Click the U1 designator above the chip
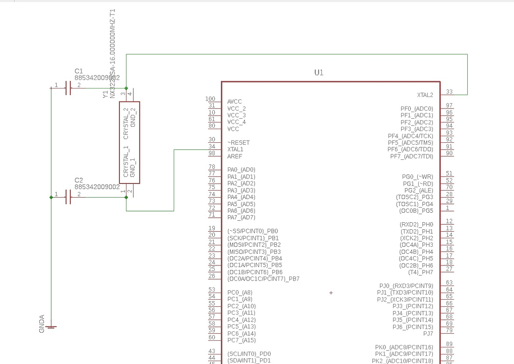pyautogui.click(x=319, y=73)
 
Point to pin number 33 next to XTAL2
pyautogui.click(x=449, y=92)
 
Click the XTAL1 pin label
pyautogui.click(x=235, y=149)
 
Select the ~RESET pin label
pyautogui.click(x=238, y=143)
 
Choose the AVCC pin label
pyautogui.click(x=234, y=102)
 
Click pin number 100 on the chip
pyautogui.click(x=210, y=99)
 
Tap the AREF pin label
pyautogui.click(x=234, y=156)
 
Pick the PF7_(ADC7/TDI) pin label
pyautogui.click(x=411, y=156)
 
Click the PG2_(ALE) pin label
pyautogui.click(x=418, y=191)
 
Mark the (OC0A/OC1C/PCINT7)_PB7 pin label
pyautogui.click(x=263, y=279)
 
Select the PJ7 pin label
pyautogui.click(x=428, y=333)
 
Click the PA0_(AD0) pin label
pyautogui.click(x=241, y=170)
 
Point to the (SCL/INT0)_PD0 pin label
pyautogui.click(x=249, y=353)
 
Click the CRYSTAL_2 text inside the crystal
pyautogui.click(x=126, y=123)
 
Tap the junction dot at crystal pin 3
pyautogui.click(x=126, y=88)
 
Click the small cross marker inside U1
pyautogui.click(x=331, y=293)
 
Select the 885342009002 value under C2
pyautogui.click(x=97, y=187)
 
